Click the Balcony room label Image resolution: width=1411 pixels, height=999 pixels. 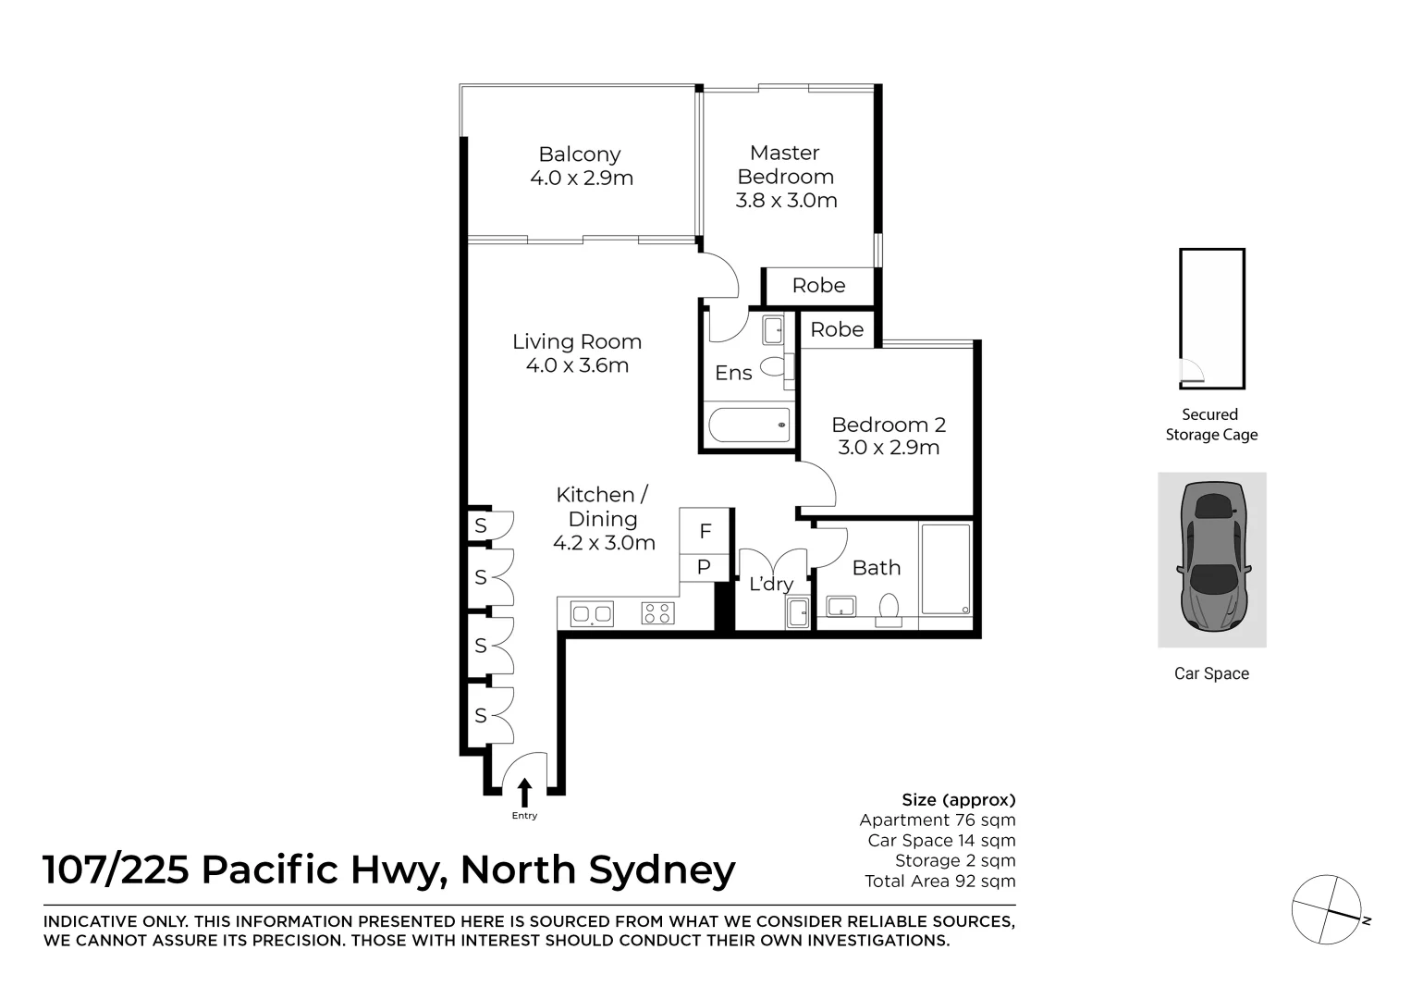click(x=581, y=166)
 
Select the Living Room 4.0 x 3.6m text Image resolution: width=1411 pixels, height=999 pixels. click(x=577, y=353)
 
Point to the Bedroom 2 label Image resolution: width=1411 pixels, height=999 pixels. click(x=889, y=437)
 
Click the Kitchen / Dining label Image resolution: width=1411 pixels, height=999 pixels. click(x=603, y=519)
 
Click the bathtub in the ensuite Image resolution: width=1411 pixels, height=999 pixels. click(x=750, y=425)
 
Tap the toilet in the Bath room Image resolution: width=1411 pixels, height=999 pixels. click(x=889, y=610)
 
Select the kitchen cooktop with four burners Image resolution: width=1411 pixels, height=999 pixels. click(x=658, y=612)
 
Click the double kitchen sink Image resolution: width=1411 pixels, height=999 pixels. click(x=592, y=612)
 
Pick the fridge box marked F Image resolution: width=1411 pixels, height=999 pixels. click(x=705, y=531)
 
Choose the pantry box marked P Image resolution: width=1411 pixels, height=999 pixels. click(x=704, y=567)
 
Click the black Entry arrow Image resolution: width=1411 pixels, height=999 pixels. click(x=525, y=793)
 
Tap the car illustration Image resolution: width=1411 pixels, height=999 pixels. click(x=1211, y=559)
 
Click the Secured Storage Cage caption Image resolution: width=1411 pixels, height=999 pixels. click(x=1211, y=425)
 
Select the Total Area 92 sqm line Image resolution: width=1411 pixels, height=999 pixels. click(x=939, y=882)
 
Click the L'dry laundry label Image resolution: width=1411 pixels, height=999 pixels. click(x=771, y=584)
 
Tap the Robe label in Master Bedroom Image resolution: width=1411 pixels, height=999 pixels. click(x=818, y=286)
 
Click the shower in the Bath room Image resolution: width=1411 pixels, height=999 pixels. click(x=946, y=569)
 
